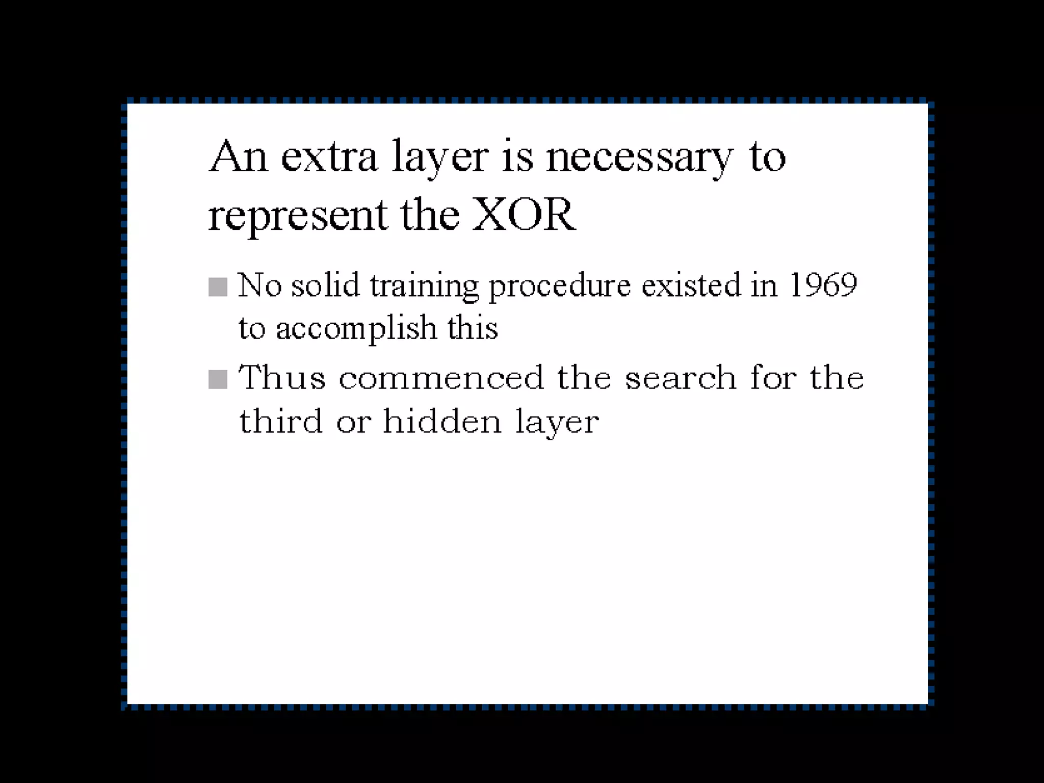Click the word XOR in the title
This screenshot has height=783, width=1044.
524,215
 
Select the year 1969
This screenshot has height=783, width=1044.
823,285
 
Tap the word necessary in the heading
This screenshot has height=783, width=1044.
639,157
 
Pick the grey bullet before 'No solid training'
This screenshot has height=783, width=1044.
218,286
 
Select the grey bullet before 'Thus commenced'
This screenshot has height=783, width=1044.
218,379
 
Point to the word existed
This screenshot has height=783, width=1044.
691,285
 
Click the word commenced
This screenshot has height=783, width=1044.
441,378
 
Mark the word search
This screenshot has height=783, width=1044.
681,378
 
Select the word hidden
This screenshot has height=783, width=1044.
442,422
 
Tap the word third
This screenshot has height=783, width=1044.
281,422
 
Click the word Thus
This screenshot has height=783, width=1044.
282,378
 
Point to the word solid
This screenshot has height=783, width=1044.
325,285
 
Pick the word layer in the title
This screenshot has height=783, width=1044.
440,157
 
